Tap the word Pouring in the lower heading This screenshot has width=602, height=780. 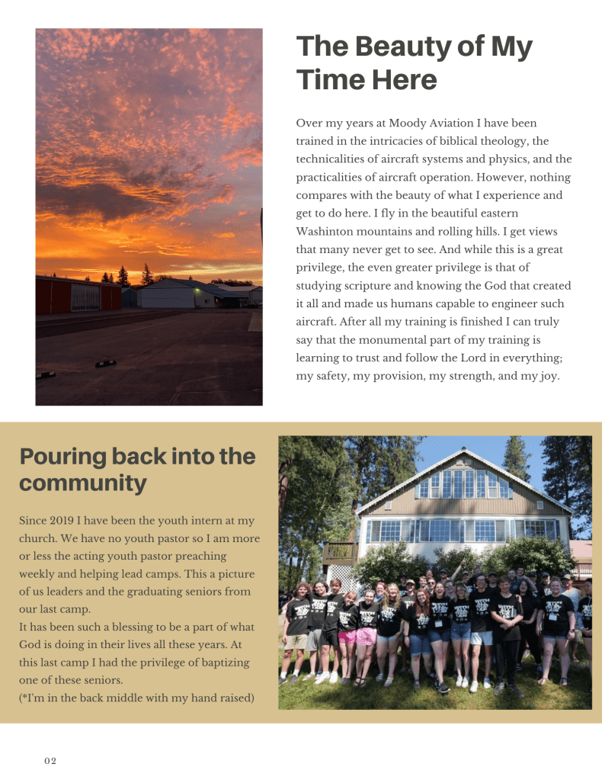point(62,457)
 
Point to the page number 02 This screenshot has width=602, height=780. point(50,761)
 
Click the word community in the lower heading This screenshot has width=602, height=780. point(82,483)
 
